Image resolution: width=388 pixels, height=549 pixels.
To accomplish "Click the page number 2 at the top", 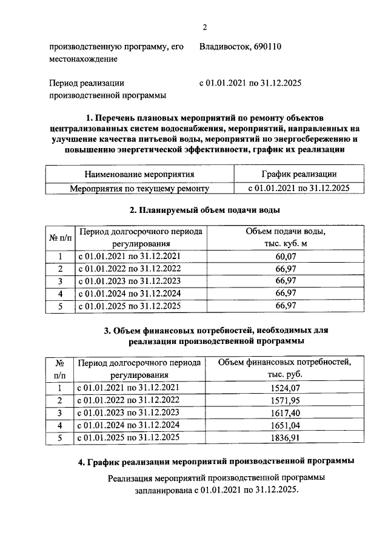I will (x=205, y=26).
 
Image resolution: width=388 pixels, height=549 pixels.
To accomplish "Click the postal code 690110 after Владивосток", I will (x=266, y=47).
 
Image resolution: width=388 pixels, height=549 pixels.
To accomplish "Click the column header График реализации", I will (x=299, y=174).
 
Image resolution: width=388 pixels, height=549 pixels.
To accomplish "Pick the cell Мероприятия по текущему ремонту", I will (x=139, y=189).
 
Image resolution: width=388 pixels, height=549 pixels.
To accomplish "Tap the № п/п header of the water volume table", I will (x=60, y=237).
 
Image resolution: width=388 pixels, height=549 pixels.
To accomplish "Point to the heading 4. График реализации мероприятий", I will (x=216, y=462).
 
